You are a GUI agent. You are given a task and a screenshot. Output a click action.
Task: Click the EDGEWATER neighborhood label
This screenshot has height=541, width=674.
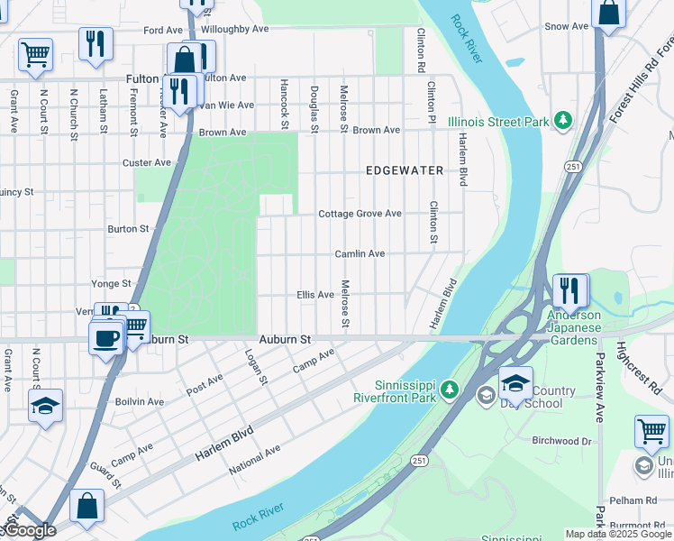tap(404, 170)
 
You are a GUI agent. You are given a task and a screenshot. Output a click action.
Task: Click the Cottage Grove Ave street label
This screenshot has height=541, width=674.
tap(360, 214)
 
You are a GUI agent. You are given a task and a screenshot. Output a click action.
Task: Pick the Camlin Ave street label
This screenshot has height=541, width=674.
tap(360, 254)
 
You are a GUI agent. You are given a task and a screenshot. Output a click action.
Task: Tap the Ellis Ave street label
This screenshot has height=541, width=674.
tap(315, 295)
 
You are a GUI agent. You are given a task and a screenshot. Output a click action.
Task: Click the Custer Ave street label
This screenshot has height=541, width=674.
tap(147, 163)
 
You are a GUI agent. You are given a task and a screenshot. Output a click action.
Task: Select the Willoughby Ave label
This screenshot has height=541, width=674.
tap(235, 29)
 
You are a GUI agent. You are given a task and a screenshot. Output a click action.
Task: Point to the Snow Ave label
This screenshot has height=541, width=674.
tap(566, 26)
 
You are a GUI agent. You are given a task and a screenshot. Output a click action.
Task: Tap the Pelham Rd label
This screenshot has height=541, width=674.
tap(632, 500)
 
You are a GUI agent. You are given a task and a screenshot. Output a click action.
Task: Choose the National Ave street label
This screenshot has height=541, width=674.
tap(254, 459)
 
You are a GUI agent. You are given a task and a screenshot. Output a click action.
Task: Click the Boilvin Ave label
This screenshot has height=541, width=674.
tap(140, 401)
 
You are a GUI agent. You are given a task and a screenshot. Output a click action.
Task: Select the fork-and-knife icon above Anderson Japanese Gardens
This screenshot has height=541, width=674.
tap(569, 289)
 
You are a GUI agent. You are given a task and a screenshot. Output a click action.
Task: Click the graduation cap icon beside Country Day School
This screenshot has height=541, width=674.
tap(515, 382)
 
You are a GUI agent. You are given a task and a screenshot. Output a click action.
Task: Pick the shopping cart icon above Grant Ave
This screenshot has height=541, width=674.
tap(35, 53)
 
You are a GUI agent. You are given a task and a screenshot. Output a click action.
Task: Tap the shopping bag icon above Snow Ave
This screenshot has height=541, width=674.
tap(609, 13)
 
